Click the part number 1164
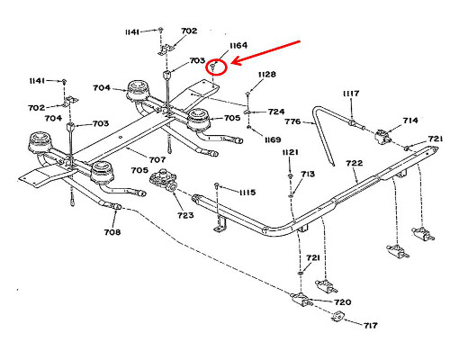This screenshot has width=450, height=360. point(238,46)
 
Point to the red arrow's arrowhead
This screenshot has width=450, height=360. point(237,61)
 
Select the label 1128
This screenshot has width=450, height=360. point(267,74)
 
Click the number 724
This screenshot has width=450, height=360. point(276,112)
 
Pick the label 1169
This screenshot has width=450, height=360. point(273,139)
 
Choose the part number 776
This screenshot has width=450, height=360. point(292,121)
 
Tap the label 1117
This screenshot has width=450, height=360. point(351,94)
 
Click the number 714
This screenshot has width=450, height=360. point(410,121)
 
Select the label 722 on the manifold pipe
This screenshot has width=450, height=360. point(355,163)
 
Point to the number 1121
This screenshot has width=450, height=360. point(290,152)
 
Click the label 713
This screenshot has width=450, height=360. point(308,174)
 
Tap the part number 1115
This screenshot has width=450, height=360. point(247,193)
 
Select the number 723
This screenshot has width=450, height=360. point(185,215)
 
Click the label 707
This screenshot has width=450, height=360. point(157,160)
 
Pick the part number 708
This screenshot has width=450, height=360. point(112,232)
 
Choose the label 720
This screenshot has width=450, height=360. point(343,302)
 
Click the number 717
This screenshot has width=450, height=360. point(371,325)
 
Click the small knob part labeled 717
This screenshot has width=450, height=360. point(338,317)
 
